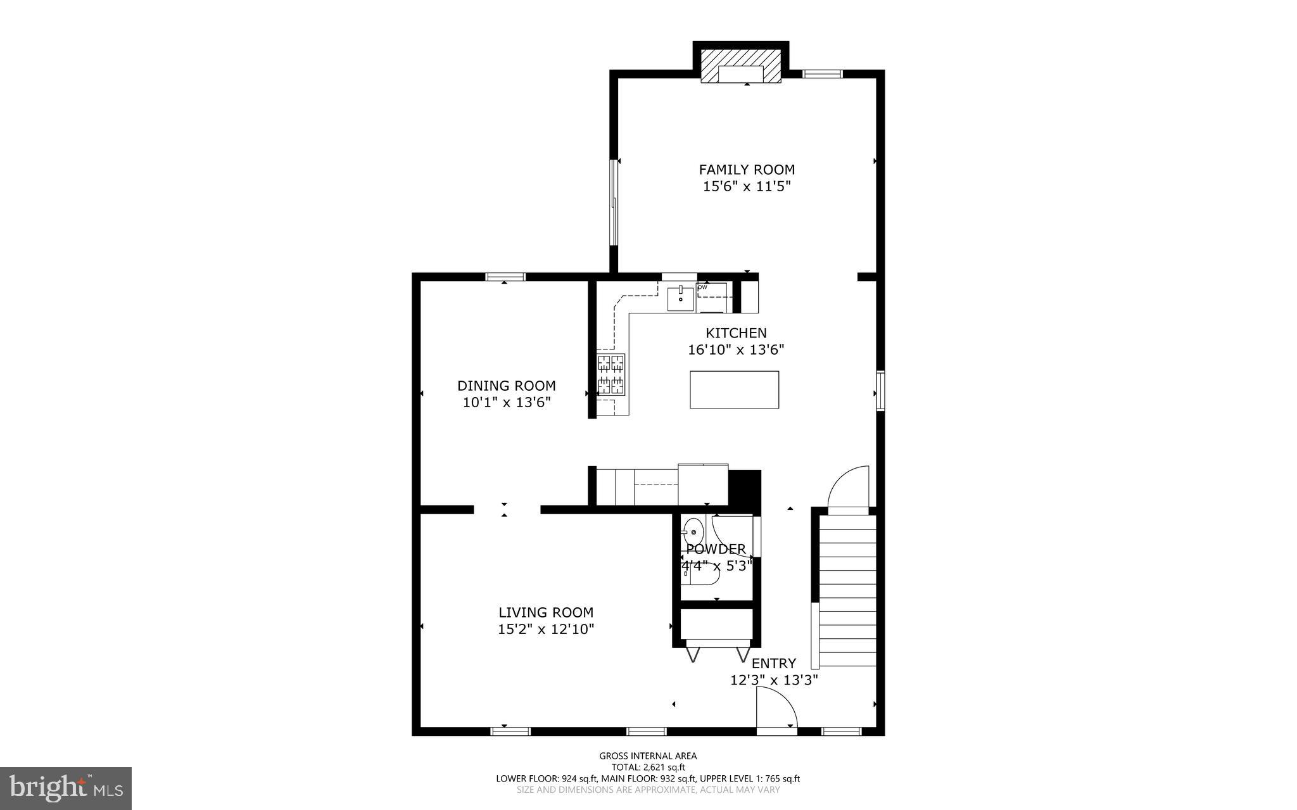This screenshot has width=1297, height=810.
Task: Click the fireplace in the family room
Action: (x=740, y=66)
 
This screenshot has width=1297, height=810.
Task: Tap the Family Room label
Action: (x=747, y=170)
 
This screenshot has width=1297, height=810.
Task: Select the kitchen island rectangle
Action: (x=734, y=390)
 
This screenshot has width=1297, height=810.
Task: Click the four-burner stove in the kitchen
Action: (x=611, y=374)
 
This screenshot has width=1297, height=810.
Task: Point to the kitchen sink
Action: (x=680, y=298)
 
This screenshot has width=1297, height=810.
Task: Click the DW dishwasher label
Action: (x=702, y=288)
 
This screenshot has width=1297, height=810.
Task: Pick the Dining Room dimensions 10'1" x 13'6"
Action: (x=507, y=402)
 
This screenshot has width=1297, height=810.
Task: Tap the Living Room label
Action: (x=545, y=612)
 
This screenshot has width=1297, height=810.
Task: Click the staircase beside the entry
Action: (x=847, y=590)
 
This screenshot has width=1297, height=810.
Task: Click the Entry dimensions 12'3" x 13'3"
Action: (x=774, y=680)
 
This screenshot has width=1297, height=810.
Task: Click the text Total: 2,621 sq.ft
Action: (x=648, y=767)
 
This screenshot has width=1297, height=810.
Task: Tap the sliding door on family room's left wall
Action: (x=614, y=202)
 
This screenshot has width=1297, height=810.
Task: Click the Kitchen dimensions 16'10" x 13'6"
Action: (x=736, y=350)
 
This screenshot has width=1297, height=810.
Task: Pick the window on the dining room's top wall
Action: (x=505, y=276)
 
